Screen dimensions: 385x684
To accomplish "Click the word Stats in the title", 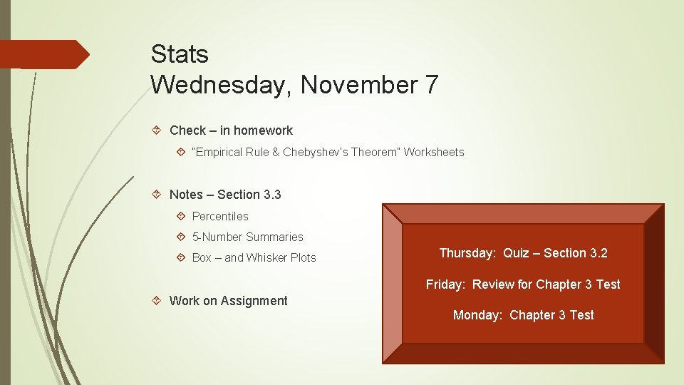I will [x=180, y=54].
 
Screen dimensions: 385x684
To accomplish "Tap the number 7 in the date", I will [x=431, y=86].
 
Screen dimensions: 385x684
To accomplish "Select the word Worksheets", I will [x=434, y=152].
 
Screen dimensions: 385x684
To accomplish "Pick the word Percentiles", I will [x=220, y=216].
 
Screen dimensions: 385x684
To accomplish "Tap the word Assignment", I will [x=254, y=301].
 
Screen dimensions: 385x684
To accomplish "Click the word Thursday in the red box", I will [x=467, y=253].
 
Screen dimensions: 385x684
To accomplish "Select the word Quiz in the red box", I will [x=516, y=253].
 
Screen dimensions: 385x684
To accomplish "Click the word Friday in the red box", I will [x=445, y=284].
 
